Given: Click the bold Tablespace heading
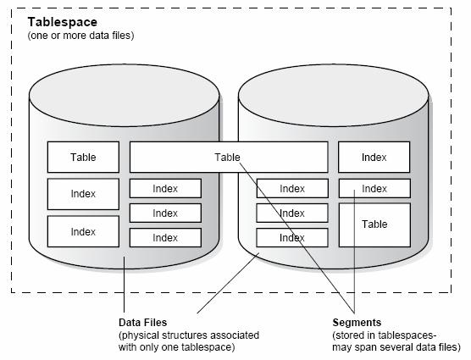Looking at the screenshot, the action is point(63,23).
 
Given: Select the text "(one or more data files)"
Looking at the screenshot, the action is point(80,36).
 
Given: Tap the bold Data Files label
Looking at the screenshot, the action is point(142,323).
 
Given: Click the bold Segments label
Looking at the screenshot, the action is point(357,323).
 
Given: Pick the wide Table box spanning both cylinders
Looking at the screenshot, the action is point(229,157).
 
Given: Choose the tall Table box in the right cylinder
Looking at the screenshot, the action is point(374,224).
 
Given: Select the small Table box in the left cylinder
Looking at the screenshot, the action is point(83,157).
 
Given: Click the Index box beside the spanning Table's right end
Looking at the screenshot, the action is point(374,157).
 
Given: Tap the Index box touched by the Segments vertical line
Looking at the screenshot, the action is point(374,189).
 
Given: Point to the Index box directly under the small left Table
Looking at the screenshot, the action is point(83,194).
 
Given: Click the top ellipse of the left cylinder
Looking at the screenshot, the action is point(124,95).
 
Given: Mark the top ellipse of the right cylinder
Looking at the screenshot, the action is point(334,95).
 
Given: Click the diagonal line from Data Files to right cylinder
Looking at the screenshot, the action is point(228,283).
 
